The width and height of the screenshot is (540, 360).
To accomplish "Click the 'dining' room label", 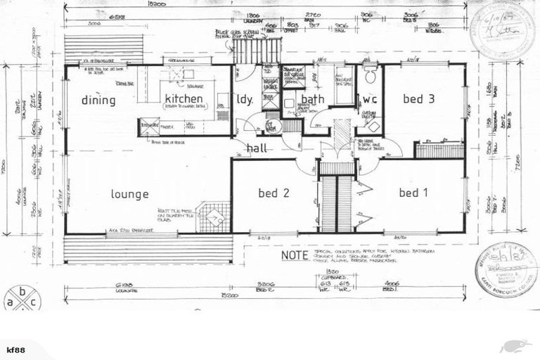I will pos(98,100).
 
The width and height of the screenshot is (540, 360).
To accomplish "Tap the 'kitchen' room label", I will pos(184,99).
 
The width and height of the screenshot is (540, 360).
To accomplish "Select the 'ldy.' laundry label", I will pos(245,99).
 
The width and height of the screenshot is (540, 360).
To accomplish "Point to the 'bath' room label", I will pos(313,99).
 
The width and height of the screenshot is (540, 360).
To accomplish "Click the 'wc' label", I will pos(370,99).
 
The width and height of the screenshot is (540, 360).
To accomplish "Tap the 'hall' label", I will pos(257,148).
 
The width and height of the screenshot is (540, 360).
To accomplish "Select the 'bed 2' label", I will pos(271,193).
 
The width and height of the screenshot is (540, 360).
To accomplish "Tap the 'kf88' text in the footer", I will pos(15,348).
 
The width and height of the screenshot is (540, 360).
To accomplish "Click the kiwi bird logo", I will pos(512,346).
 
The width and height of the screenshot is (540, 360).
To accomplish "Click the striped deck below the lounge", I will pos(148,249).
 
